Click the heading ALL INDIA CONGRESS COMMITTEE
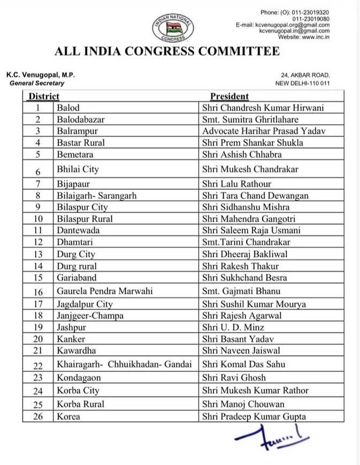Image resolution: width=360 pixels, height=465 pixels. click(167, 51)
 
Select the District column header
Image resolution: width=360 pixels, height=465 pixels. click(43, 96)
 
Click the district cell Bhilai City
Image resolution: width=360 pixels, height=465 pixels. click(78, 170)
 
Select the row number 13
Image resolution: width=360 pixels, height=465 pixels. click(38, 254)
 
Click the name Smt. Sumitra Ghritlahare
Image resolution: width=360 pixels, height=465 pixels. click(249, 119)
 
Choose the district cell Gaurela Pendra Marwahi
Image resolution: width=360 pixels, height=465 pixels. click(105, 292)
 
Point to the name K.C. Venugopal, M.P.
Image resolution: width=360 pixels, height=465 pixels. click(40, 75)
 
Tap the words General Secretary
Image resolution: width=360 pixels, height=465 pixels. click(37, 83)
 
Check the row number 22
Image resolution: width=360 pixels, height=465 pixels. click(38, 365)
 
